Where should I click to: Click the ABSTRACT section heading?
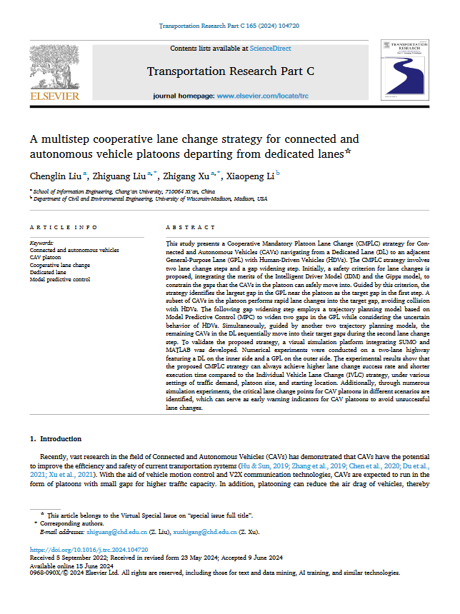[x=190, y=227]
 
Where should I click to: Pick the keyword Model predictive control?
[x=60, y=280]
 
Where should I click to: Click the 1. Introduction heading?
[x=55, y=438]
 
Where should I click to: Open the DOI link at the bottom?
[x=89, y=550]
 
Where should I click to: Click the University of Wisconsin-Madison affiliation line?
[x=150, y=199]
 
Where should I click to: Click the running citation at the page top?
[x=229, y=25]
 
